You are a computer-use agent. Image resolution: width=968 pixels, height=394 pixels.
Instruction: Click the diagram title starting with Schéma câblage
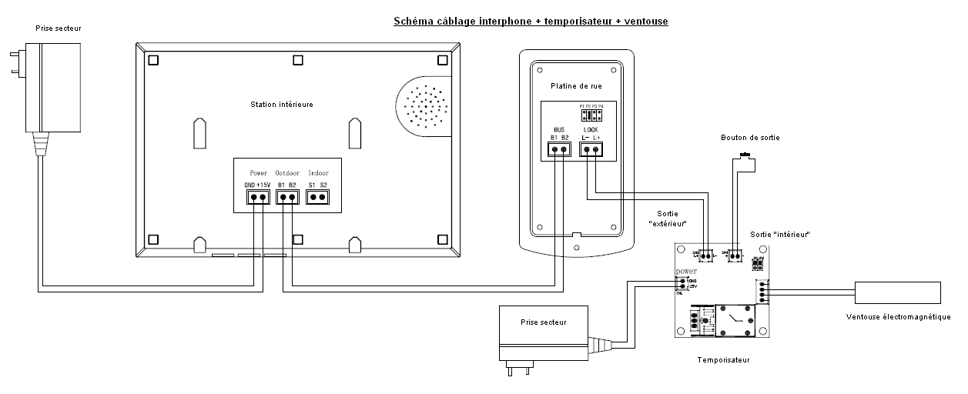531,21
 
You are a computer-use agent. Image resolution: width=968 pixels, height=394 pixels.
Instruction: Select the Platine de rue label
576,85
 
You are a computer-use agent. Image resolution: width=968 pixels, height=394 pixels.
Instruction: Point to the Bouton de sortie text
749,138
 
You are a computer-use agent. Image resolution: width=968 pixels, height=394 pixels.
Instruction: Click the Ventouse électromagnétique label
898,317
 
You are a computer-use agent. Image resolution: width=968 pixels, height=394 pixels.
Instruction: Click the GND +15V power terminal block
258,198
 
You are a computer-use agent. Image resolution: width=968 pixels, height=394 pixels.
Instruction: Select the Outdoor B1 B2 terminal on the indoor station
287,198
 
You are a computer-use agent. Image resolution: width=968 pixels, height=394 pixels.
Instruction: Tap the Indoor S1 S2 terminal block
317,198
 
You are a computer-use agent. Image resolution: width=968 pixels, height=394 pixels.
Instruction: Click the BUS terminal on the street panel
560,149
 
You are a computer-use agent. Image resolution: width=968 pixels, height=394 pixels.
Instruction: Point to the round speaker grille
424,108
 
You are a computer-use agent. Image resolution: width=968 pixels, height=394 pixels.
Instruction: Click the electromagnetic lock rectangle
897,293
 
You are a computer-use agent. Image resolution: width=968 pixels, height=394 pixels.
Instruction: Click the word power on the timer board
686,272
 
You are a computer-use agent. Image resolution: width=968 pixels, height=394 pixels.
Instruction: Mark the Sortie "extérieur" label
667,219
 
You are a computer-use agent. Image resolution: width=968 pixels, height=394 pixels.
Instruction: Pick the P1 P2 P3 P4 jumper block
591,115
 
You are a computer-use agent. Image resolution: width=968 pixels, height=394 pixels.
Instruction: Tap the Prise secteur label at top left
58,28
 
